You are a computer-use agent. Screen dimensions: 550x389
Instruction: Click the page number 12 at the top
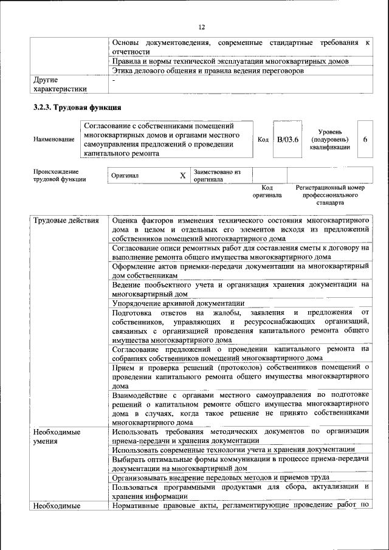coord(202,27)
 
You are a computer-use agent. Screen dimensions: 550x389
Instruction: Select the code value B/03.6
coord(287,139)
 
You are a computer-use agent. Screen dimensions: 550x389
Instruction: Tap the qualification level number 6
coord(365,139)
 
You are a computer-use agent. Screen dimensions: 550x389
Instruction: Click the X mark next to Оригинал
coord(182,176)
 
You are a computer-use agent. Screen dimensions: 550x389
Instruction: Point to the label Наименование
coord(54,139)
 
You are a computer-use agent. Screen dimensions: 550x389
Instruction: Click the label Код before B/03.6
coord(263,139)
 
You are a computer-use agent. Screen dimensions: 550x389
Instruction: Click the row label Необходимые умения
coord(57,436)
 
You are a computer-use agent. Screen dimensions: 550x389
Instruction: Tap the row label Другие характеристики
coord(60,84)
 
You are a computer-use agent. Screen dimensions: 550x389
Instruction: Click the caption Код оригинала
coord(267,192)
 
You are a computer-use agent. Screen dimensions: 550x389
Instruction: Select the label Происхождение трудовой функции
coord(60,175)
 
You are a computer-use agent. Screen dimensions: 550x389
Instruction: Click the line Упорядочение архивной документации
coord(178,303)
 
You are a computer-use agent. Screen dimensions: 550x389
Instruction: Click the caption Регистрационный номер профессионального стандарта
coord(329,196)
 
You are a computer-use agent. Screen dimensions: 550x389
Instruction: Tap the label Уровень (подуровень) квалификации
coord(329,139)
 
